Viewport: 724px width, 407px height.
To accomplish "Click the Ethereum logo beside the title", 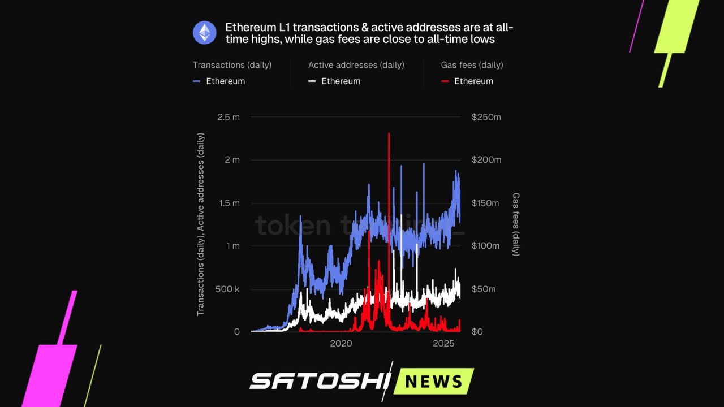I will [204, 33].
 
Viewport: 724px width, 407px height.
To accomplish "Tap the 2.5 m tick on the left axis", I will [229, 117].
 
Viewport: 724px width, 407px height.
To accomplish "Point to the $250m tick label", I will [486, 117].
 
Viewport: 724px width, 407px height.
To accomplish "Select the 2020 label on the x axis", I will [341, 343].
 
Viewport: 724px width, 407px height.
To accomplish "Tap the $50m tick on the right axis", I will [484, 289].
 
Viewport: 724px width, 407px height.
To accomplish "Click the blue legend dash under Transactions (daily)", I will [197, 81].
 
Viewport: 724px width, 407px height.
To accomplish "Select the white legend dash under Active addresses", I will [312, 81].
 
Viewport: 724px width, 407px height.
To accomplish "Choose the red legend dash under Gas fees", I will [445, 81].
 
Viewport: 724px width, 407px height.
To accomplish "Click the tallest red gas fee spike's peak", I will [389, 134].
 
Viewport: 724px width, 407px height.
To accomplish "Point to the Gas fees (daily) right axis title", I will [516, 224].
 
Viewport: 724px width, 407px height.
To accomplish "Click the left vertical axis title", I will [201, 224].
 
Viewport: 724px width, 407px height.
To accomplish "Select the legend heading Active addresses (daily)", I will [356, 65].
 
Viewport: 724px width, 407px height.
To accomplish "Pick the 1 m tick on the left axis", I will [232, 246].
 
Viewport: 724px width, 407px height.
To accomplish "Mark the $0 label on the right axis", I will [477, 332].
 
